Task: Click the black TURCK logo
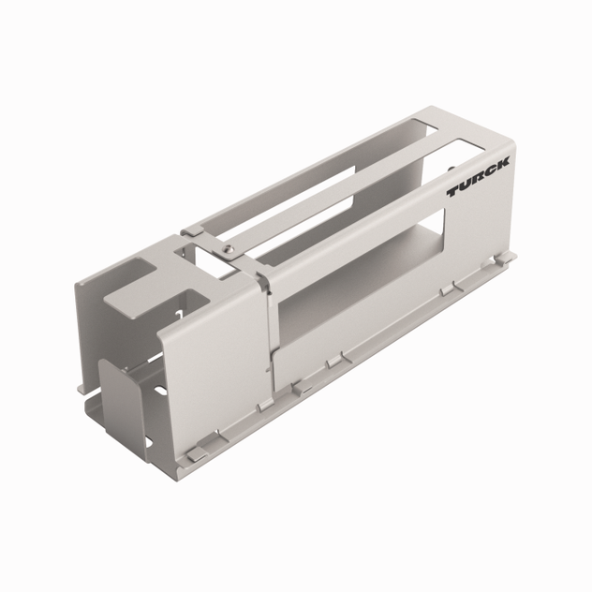click(478, 177)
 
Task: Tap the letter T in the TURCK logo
click(453, 192)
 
